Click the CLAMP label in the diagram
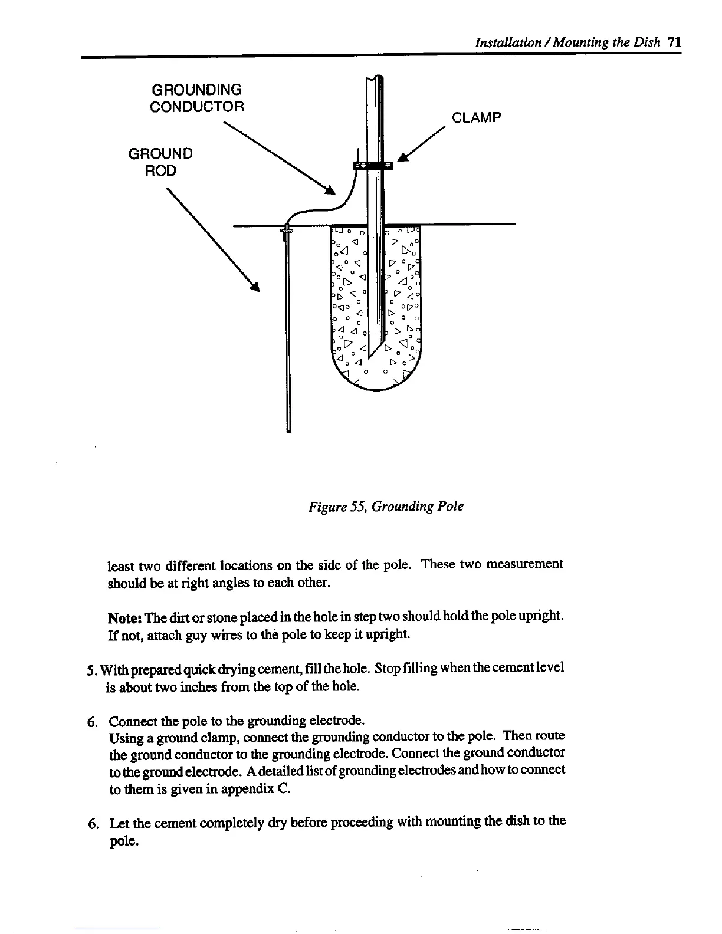[x=476, y=117]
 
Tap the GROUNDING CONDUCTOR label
[x=196, y=98]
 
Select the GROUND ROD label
[x=160, y=162]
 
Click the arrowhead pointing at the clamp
[x=404, y=156]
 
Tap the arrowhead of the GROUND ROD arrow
[x=256, y=287]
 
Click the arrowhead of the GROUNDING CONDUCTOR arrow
[x=330, y=189]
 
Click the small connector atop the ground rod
[x=287, y=230]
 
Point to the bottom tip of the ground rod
[x=288, y=430]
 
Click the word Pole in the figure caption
[x=451, y=507]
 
